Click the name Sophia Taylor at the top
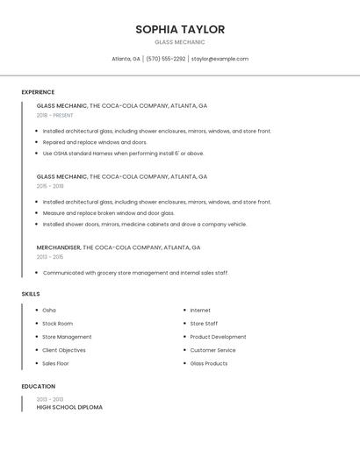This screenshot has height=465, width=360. pyautogui.click(x=180, y=30)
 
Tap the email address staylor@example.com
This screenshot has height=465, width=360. pyautogui.click(x=220, y=59)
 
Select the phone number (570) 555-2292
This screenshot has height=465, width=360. pyautogui.click(x=165, y=59)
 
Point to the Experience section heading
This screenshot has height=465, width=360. pyautogui.click(x=38, y=92)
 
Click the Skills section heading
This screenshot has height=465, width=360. pyautogui.click(x=31, y=294)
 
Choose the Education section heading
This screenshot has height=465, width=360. pyautogui.click(x=38, y=386)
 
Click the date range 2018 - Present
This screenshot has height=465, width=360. pyautogui.click(x=55, y=115)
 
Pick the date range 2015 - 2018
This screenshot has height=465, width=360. pyautogui.click(x=50, y=186)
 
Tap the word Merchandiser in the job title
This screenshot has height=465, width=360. pyautogui.click(x=59, y=247)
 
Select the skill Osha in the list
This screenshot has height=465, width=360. pyautogui.click(x=49, y=311)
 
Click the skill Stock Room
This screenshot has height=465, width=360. pyautogui.click(x=58, y=324)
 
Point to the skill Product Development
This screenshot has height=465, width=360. pyautogui.click(x=218, y=337)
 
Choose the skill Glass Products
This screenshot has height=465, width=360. pyautogui.click(x=209, y=363)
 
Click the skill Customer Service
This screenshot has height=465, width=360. pyautogui.click(x=212, y=350)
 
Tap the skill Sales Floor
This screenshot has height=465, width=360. pyautogui.click(x=55, y=363)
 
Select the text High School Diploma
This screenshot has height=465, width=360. pyautogui.click(x=69, y=407)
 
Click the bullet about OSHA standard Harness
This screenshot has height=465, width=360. pyautogui.click(x=123, y=154)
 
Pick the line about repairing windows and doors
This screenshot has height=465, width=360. pyautogui.click(x=95, y=142)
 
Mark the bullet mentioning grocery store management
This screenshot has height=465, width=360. pyautogui.click(x=135, y=273)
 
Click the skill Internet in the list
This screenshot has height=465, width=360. pyautogui.click(x=200, y=311)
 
